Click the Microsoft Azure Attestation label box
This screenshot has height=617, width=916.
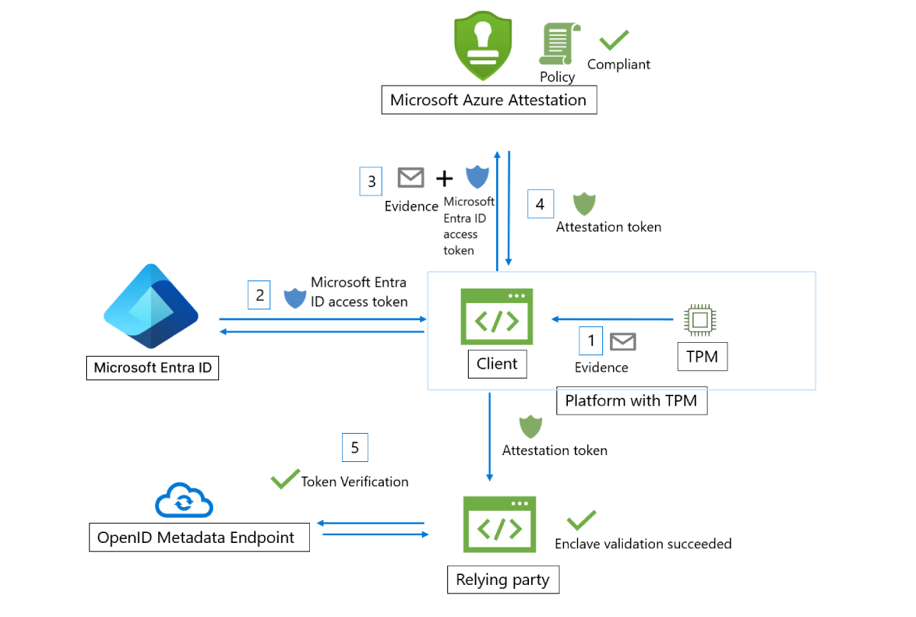point(489,100)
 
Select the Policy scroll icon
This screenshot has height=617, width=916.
point(557,44)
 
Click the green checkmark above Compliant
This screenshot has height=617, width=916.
point(614,40)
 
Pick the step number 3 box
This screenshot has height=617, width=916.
point(371,181)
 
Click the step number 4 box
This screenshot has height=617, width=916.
point(540,204)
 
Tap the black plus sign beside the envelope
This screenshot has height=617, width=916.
point(443,179)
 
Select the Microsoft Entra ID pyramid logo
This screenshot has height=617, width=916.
point(151,306)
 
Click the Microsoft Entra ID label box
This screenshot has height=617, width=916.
point(152,368)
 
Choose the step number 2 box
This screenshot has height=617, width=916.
point(260,295)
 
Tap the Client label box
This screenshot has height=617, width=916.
point(497,363)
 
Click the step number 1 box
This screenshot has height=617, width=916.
point(591,341)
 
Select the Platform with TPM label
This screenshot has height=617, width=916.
point(631,400)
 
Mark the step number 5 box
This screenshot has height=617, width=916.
point(355,447)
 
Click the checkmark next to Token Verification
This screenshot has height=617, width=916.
point(285,480)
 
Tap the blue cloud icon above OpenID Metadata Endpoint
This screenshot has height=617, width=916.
point(184,501)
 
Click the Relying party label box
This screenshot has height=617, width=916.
point(502,580)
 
